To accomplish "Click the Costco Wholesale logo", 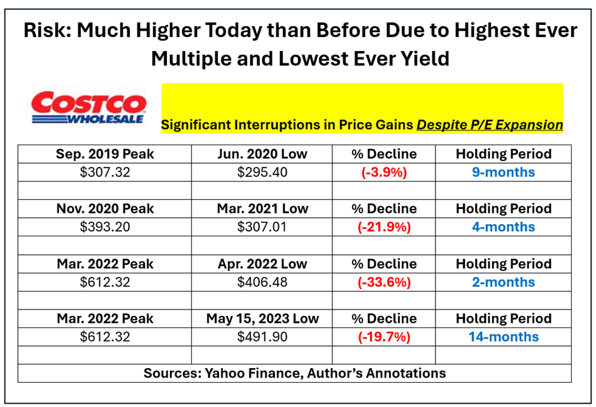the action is click(x=88, y=107).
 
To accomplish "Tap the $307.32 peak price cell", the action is click(x=105, y=173).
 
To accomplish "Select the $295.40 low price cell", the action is click(x=262, y=173).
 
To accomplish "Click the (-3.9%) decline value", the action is click(x=384, y=173).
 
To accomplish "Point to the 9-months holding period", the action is click(x=503, y=173).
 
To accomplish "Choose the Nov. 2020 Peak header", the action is click(x=105, y=208).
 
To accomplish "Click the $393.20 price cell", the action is click(x=105, y=227).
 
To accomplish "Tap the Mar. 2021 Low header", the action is click(x=262, y=208).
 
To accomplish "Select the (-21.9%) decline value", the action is click(x=384, y=227).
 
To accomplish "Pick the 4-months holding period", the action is click(x=503, y=227).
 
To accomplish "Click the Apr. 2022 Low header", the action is click(x=262, y=264).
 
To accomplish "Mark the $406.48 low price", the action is click(x=262, y=282).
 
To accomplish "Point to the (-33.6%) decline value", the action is click(x=384, y=283).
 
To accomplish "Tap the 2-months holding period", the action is click(x=503, y=282).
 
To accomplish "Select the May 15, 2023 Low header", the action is click(x=262, y=318).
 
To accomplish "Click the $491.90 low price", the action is click(x=262, y=337).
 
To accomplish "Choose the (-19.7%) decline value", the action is click(x=384, y=338).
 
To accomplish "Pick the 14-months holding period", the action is click(x=503, y=337).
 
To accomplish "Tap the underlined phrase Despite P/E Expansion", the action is click(x=490, y=125).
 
